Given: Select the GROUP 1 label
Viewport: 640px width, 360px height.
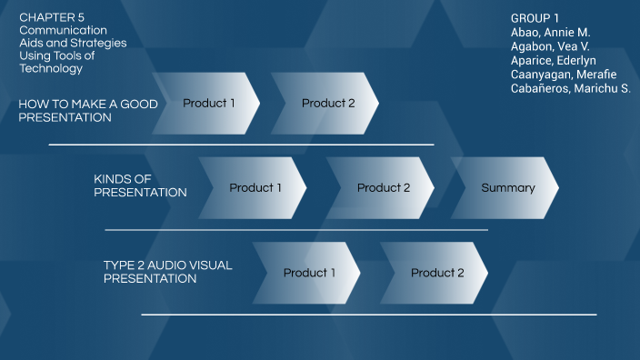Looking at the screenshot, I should (x=535, y=18).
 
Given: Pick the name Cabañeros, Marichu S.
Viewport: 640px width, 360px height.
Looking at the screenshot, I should (x=571, y=88).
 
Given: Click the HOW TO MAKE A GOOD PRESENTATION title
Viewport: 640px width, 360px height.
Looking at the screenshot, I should (x=87, y=111).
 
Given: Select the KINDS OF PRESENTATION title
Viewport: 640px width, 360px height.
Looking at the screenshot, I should (x=140, y=185).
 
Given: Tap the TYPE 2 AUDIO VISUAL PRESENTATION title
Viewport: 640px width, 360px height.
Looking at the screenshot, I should (x=167, y=272).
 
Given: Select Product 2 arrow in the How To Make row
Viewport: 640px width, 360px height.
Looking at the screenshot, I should (x=328, y=104).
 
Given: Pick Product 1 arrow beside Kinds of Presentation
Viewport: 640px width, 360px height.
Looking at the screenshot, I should (x=255, y=188).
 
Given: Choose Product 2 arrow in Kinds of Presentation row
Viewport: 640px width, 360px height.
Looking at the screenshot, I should (x=383, y=188).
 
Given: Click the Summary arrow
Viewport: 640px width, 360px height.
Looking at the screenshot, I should (x=507, y=188).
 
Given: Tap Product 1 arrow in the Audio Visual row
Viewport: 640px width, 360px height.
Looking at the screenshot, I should (x=309, y=273).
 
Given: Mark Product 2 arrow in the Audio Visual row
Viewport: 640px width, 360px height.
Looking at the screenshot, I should (x=436, y=273).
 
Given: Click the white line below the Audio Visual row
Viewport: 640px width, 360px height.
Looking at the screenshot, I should (x=368, y=315).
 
